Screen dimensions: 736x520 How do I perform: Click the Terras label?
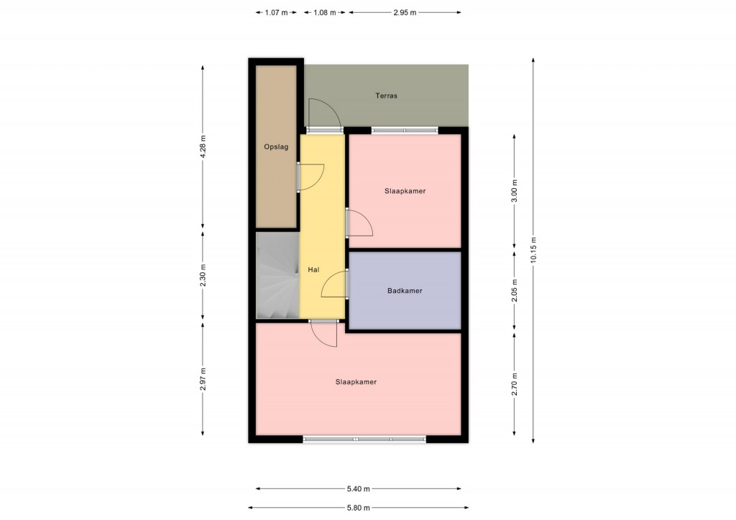click(386, 96)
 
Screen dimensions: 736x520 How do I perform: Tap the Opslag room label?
click(276, 147)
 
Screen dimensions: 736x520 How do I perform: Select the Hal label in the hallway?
click(313, 269)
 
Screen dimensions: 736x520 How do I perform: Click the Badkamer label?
click(405, 291)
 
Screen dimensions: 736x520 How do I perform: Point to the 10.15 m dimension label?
click(533, 251)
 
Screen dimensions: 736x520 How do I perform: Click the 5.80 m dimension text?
click(358, 507)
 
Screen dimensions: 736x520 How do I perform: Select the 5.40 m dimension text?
click(358, 488)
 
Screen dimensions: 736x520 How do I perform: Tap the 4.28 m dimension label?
click(203, 147)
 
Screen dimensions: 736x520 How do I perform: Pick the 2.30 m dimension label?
click(203, 276)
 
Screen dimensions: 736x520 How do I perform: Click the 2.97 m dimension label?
click(203, 379)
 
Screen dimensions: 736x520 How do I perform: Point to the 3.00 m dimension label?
click(515, 191)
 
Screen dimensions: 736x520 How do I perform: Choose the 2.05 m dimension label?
click(515, 291)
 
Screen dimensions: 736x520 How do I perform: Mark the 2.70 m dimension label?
click(515, 384)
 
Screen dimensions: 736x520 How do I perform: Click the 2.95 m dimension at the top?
click(405, 13)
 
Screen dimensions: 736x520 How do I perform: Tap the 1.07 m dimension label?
click(276, 13)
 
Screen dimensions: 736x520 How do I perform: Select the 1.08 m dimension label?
click(324, 13)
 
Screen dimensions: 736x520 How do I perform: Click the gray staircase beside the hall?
click(277, 276)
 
